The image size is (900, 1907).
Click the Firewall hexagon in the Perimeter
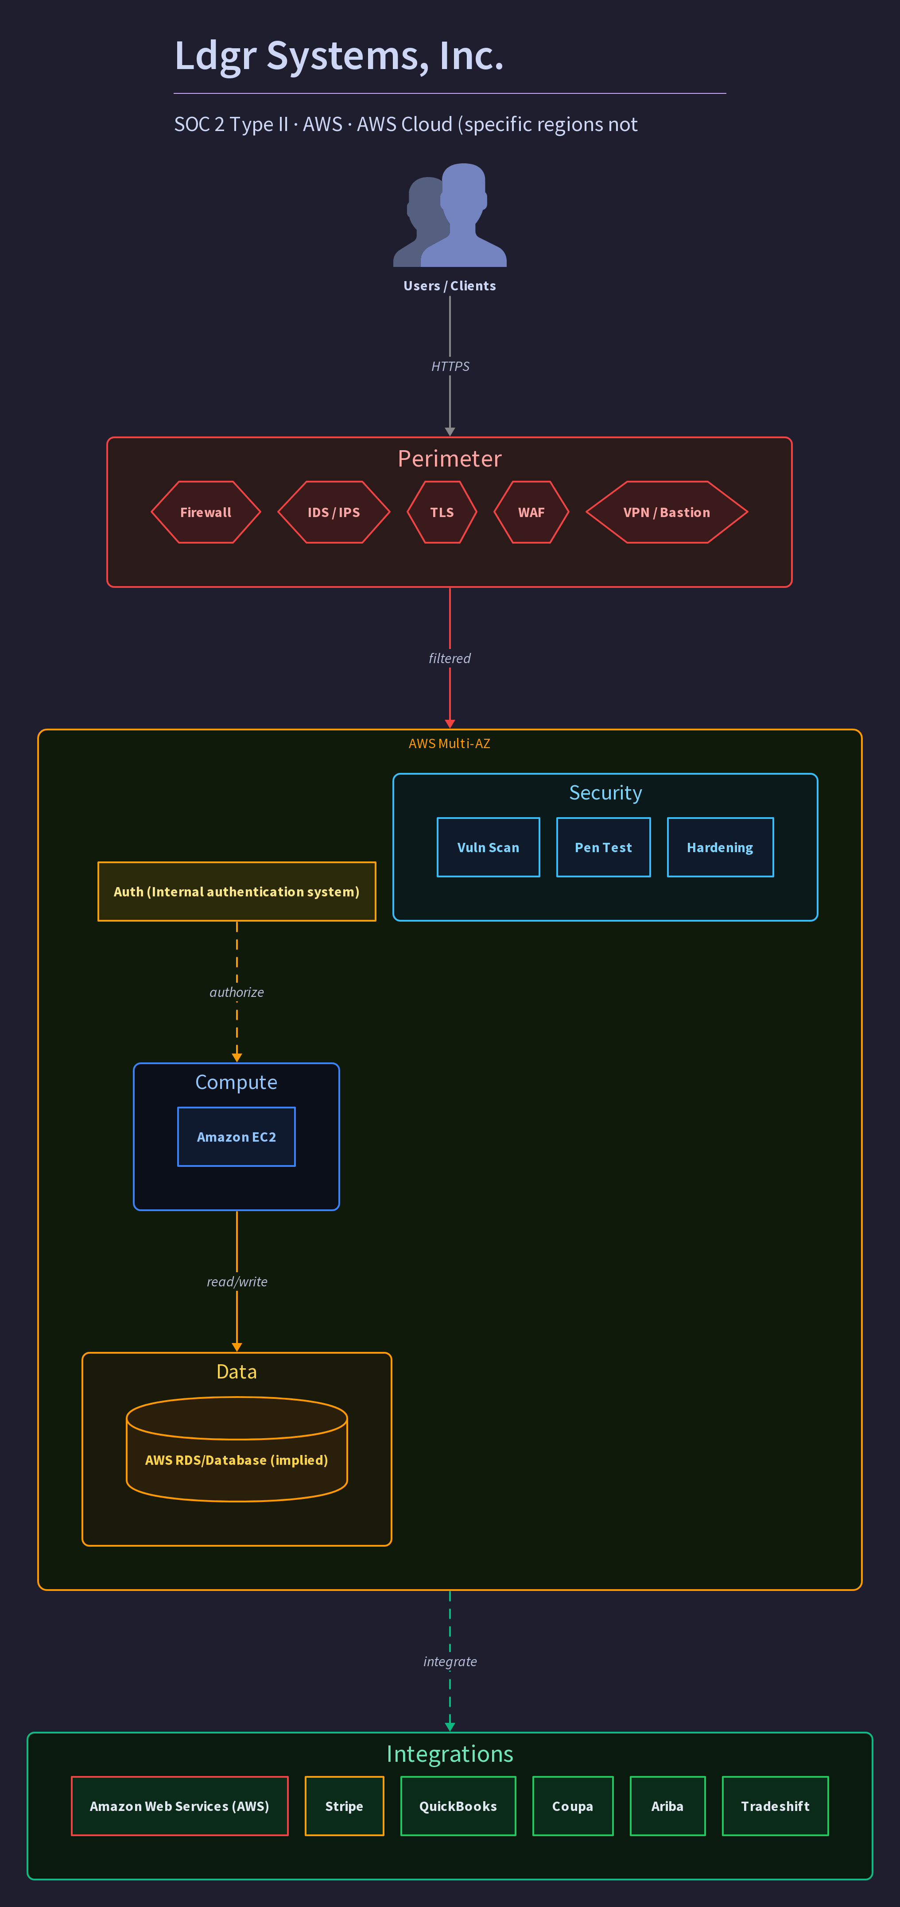coord(206,512)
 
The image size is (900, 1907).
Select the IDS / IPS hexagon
coord(334,512)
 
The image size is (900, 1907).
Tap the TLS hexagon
coord(442,512)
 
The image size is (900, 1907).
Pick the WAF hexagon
coord(531,512)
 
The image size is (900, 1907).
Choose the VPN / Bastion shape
coord(667,512)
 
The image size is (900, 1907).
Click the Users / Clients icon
coord(450,215)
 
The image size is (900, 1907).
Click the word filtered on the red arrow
coord(450,658)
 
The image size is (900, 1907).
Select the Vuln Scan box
coord(488,848)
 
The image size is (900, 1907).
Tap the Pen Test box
coord(604,848)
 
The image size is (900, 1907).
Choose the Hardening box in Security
coord(720,848)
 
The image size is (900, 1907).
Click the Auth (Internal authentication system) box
coord(237,892)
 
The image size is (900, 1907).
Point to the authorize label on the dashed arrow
coord(237,992)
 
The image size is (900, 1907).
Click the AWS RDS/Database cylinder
coord(237,1449)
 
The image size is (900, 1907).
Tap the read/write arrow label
coord(237,1282)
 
